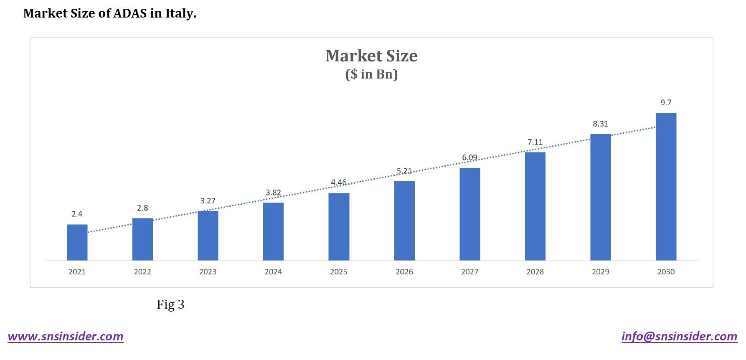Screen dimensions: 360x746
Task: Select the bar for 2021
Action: click(77, 242)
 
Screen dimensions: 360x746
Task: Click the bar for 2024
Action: click(273, 231)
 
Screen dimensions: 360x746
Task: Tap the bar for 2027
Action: click(469, 214)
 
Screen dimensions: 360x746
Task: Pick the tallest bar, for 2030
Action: click(666, 187)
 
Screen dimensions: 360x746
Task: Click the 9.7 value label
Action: click(666, 103)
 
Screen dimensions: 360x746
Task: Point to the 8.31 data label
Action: click(600, 124)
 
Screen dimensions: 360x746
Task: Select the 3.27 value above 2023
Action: click(208, 201)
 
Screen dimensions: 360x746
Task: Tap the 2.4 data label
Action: click(77, 214)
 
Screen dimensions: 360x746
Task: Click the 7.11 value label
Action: click(535, 142)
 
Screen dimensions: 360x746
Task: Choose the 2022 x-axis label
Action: click(142, 272)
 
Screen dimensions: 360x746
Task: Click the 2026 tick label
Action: click(404, 272)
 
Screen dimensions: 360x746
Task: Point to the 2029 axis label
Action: click(600, 272)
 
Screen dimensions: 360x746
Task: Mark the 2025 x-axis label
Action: click(338, 272)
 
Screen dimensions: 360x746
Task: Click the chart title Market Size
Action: click(371, 56)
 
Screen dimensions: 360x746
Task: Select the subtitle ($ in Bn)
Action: click(371, 74)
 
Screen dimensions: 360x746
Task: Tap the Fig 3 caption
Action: click(170, 304)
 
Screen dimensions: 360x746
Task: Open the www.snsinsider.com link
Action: click(66, 337)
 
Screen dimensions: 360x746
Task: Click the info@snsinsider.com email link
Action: click(679, 337)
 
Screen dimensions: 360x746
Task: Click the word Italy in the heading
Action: click(180, 13)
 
